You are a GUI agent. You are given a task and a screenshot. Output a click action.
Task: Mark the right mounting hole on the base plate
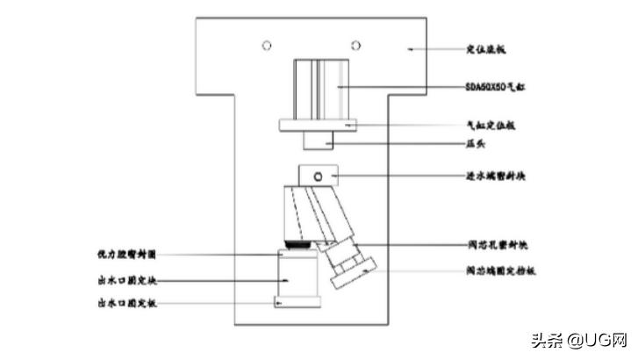(355, 44)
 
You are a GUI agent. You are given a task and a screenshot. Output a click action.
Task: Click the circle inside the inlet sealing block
(319, 176)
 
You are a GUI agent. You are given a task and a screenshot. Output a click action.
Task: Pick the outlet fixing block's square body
(298, 277)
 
